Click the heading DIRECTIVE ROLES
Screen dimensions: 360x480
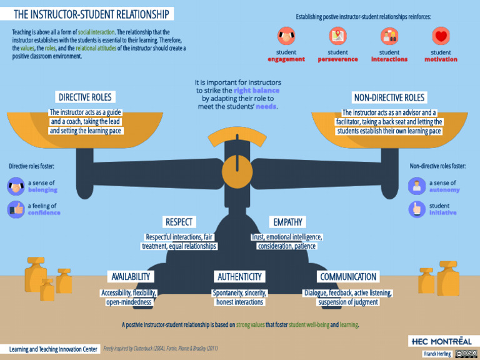pos(85,97)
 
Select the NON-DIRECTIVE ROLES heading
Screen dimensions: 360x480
pos(389,97)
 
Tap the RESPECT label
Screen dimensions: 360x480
pos(179,222)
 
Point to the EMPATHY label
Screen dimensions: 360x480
pos(287,222)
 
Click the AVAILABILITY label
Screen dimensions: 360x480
pos(131,276)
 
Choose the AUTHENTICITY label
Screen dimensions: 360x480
pos(239,276)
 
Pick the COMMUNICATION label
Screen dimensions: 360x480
pos(348,276)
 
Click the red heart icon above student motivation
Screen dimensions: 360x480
pos(441,36)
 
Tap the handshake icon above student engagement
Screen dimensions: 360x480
pos(286,36)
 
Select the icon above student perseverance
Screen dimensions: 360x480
pos(338,36)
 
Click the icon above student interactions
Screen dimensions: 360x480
pos(389,36)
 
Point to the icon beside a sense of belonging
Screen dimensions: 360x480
pos(16,186)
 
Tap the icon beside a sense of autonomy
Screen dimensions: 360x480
pos(416,186)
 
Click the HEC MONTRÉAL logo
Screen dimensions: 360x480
pos(441,341)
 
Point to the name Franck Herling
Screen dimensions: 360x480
pos(437,354)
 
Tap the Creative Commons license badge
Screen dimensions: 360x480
pos(466,354)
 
